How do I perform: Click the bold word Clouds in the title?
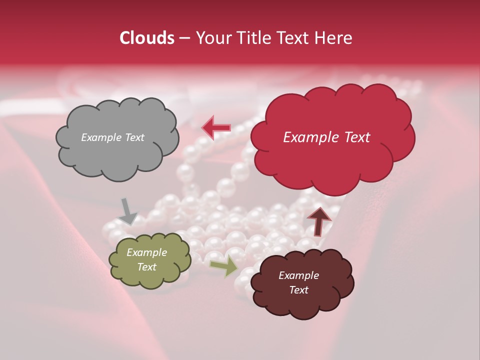pyautogui.click(x=147, y=38)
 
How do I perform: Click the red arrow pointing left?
pyautogui.click(x=216, y=127)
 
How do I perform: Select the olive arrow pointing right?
pyautogui.click(x=223, y=267)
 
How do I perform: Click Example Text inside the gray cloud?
pyautogui.click(x=112, y=137)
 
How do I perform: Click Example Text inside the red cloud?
pyautogui.click(x=326, y=137)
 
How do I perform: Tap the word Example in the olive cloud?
pyautogui.click(x=146, y=252)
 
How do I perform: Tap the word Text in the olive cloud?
pyautogui.click(x=146, y=267)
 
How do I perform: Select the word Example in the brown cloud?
pyautogui.click(x=298, y=275)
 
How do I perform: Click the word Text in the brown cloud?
pyautogui.click(x=298, y=290)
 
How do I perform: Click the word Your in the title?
pyautogui.click(x=213, y=38)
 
